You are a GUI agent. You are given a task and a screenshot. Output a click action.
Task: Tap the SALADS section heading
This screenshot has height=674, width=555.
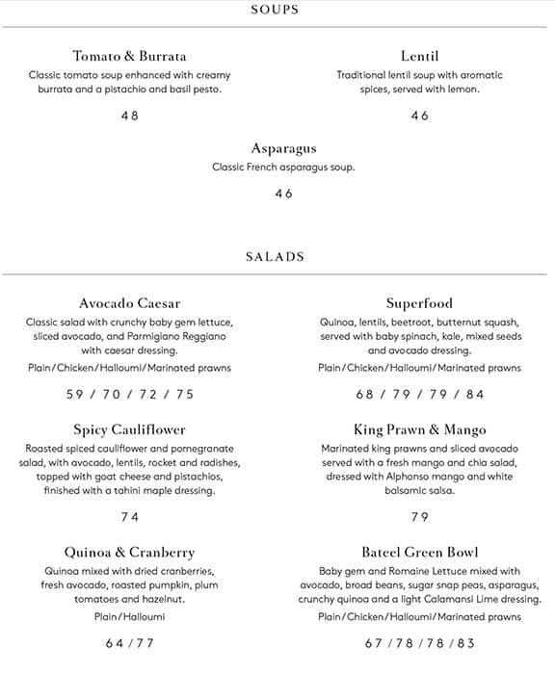click(x=275, y=257)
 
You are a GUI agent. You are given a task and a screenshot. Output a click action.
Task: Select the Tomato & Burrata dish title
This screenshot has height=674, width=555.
click(x=129, y=56)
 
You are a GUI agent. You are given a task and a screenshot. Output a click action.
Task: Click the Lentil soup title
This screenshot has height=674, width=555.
click(x=419, y=56)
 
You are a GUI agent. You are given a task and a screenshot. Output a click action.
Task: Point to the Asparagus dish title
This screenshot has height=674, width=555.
click(x=283, y=149)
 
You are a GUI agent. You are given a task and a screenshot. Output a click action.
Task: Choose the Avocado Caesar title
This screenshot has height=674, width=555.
click(x=129, y=303)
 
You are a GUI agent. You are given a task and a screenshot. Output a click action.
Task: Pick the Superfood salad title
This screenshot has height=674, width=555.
click(x=419, y=303)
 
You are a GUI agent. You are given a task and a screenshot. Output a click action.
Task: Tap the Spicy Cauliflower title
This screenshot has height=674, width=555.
click(x=129, y=429)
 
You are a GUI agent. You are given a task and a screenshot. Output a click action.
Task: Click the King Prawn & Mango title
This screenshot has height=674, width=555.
click(x=419, y=429)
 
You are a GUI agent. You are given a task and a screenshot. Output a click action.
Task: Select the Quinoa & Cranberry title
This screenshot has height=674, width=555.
click(x=129, y=553)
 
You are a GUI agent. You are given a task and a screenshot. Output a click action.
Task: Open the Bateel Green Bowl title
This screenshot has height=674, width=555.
click(x=419, y=553)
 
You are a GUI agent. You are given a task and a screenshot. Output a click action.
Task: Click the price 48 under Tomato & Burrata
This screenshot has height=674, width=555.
click(x=129, y=116)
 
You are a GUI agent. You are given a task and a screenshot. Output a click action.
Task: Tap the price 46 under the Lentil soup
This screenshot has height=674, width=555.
click(x=419, y=116)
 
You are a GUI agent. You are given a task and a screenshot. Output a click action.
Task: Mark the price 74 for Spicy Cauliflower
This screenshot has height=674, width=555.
click(x=129, y=517)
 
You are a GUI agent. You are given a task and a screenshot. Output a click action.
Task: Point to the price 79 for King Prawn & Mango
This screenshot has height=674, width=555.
click(x=419, y=517)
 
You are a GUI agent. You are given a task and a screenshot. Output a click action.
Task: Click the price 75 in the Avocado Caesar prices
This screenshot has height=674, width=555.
click(x=184, y=394)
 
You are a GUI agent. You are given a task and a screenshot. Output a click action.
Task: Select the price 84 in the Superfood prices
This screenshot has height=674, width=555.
click(x=475, y=394)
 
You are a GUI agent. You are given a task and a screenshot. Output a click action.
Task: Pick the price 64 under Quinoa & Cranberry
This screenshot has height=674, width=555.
click(x=115, y=643)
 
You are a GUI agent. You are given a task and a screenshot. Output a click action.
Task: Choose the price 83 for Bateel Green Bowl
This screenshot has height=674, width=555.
click(x=467, y=643)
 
